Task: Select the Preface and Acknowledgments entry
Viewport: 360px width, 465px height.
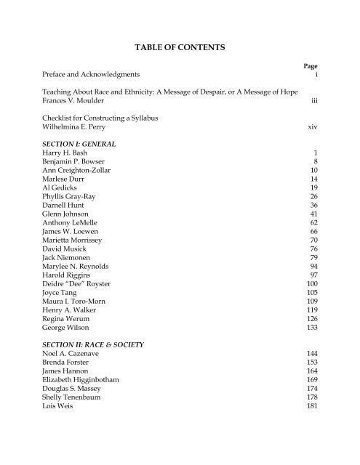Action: coord(90,75)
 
